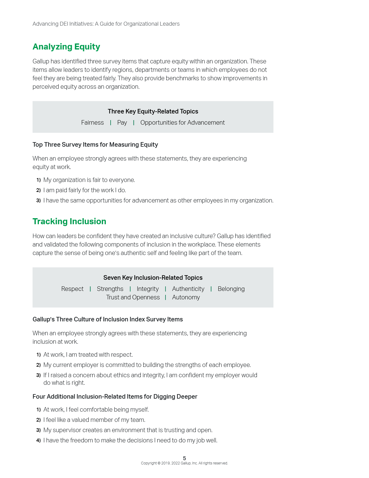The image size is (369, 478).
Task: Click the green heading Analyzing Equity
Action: [x=66, y=47]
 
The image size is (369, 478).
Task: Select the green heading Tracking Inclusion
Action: [x=69, y=221]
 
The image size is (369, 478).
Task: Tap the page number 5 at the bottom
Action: [x=184, y=458]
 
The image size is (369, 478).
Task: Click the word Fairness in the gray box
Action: [x=92, y=123]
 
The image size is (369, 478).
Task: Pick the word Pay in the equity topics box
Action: [x=122, y=123]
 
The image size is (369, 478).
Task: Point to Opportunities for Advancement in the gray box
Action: [x=182, y=123]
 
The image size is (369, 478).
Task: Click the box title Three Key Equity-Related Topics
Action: [x=153, y=111]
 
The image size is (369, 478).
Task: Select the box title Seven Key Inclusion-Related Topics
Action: [x=153, y=278]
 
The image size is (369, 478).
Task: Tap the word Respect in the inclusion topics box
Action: [x=72, y=289]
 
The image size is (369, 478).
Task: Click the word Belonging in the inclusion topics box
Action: [x=231, y=289]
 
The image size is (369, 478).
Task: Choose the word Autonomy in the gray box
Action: [x=186, y=297]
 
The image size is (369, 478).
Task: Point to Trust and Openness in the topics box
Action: [x=133, y=297]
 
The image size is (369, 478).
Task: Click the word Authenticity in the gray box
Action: [x=188, y=289]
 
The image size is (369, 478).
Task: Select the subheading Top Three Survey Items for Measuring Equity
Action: [x=95, y=145]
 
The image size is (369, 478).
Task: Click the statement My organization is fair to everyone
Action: [x=89, y=180]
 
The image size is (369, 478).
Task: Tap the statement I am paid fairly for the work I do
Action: [x=85, y=190]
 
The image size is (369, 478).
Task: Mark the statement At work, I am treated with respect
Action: [x=88, y=355]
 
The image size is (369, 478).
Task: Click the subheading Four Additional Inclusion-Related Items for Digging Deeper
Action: [x=115, y=397]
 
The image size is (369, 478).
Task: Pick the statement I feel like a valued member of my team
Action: [x=94, y=420]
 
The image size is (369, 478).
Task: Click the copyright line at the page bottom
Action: [x=184, y=463]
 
